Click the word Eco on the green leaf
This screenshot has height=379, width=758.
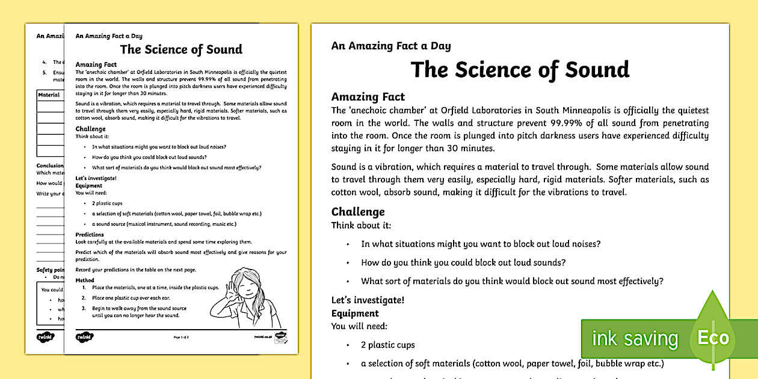713,337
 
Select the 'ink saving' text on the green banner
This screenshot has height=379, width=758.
634,339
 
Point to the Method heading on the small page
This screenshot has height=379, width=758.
85,280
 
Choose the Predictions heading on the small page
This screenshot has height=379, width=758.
90,235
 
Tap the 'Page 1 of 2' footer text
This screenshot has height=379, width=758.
181,337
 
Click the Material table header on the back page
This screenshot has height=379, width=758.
49,95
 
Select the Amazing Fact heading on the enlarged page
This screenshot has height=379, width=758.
368,97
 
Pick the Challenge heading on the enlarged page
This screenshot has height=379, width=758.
358,212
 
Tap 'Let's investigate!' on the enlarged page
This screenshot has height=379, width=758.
368,300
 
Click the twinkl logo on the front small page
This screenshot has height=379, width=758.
84,337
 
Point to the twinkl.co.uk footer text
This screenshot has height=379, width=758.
263,337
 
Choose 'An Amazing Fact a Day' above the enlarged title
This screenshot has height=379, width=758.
390,46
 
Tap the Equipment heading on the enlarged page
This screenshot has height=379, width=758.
355,313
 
